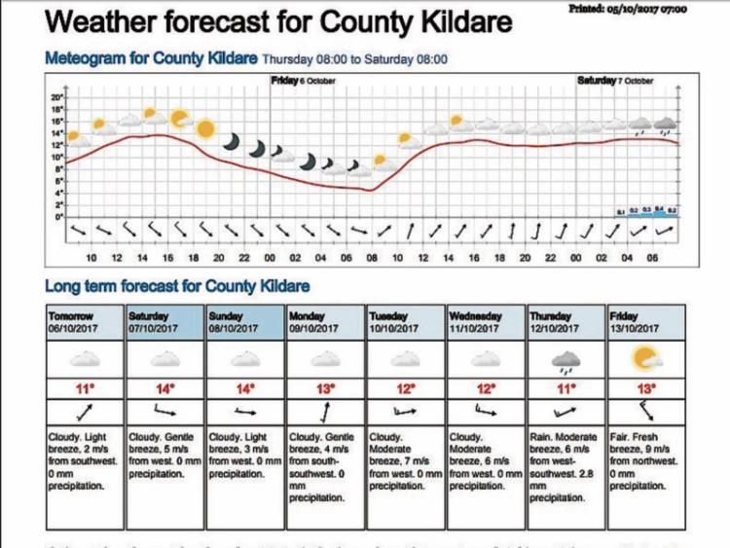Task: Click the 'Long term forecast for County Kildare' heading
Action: (177, 286)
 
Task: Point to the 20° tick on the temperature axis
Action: (56, 99)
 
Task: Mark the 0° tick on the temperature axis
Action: (58, 217)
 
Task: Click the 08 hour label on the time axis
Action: (371, 257)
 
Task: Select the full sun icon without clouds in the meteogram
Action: (205, 128)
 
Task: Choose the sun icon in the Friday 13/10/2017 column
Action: (646, 361)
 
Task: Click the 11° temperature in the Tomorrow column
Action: (86, 389)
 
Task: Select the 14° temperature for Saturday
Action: (165, 389)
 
